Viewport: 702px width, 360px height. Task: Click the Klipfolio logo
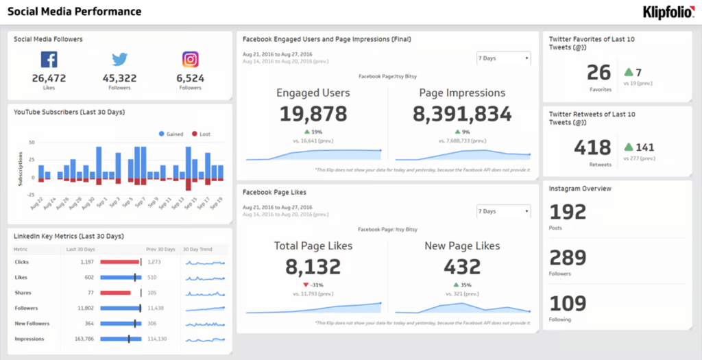coord(668,12)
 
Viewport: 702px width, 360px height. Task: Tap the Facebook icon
coord(49,60)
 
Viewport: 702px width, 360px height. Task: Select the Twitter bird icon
coord(119,60)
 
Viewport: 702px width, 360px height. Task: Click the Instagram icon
coord(190,60)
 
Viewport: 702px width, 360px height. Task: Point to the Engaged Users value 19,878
coord(313,114)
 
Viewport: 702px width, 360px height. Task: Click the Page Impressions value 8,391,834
coord(462,114)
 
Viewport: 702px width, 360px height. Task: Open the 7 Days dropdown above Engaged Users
coord(503,58)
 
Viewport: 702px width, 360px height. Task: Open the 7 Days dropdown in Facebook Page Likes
coord(503,211)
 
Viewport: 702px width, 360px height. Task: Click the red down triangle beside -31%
coord(306,285)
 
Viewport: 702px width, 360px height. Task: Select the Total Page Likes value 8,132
coord(313,266)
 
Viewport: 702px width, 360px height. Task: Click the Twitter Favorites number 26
coord(598,73)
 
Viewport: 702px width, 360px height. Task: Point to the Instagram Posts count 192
coord(568,212)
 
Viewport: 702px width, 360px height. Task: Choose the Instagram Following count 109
coord(568,304)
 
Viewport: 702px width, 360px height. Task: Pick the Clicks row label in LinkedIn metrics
coord(21,262)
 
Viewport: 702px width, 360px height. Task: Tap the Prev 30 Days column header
coord(160,249)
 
